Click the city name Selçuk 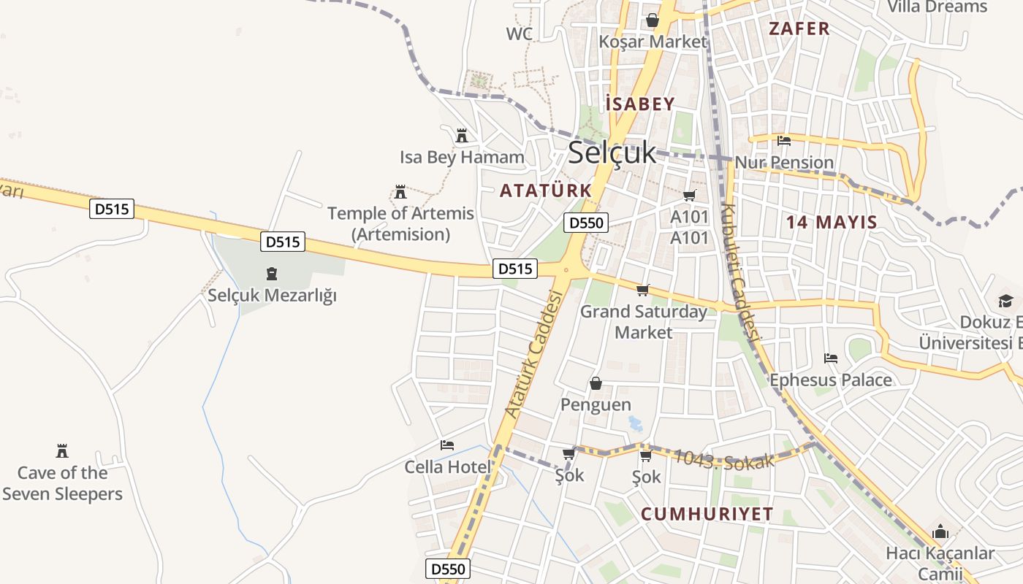(x=612, y=153)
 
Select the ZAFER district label (x=799, y=29)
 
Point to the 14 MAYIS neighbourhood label (x=832, y=223)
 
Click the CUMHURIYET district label (x=707, y=514)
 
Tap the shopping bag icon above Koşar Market (x=652, y=20)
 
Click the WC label (x=519, y=34)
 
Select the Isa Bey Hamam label (x=462, y=157)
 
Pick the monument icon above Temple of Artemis (x=400, y=192)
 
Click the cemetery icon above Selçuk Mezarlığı (x=272, y=274)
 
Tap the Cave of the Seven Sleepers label (x=62, y=483)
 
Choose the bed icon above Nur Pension (x=784, y=140)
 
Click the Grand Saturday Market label (x=643, y=322)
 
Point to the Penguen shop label (x=596, y=404)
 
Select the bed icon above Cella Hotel (x=447, y=445)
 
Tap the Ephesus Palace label (x=831, y=380)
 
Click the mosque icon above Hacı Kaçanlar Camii (x=940, y=531)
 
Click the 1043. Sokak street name (x=723, y=460)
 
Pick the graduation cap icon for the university (x=1006, y=301)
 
